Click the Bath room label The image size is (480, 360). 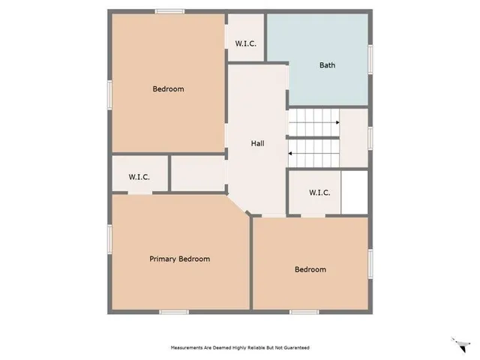(327, 64)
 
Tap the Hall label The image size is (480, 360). (257, 143)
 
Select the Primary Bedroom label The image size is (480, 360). (179, 259)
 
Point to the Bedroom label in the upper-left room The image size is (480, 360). (168, 89)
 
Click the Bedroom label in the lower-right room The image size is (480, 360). (310, 269)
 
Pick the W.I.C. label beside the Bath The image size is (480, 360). (246, 43)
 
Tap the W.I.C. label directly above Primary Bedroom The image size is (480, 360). (139, 177)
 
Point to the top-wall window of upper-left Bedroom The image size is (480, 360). (170, 10)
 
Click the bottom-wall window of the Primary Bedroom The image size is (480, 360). (173, 311)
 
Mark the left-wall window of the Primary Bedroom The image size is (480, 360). (110, 238)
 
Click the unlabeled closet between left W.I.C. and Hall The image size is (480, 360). (198, 174)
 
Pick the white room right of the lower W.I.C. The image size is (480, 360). (355, 193)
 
